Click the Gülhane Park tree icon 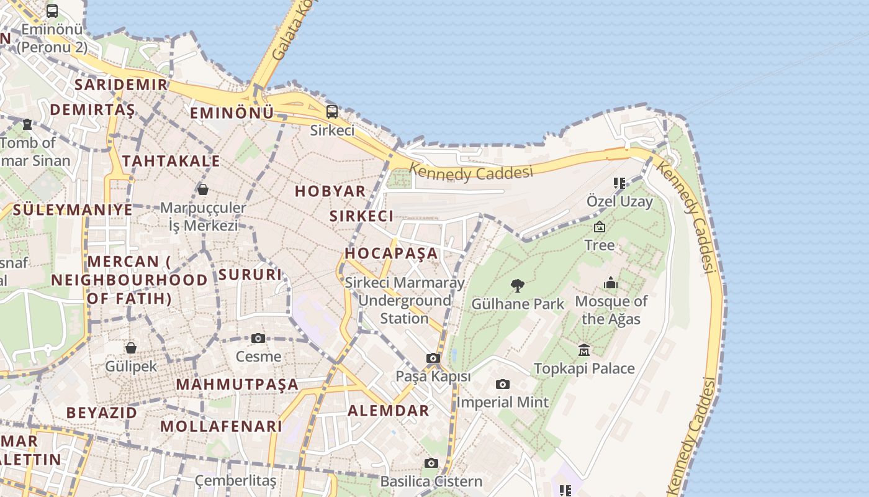pyautogui.click(x=517, y=286)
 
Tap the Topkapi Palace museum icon pyautogui.click(x=584, y=350)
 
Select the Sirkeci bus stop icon pyautogui.click(x=332, y=112)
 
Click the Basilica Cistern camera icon pyautogui.click(x=431, y=463)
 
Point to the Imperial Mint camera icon pyautogui.click(x=503, y=385)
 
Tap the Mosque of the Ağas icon pyautogui.click(x=611, y=283)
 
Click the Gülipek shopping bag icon pyautogui.click(x=131, y=348)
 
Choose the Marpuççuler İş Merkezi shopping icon pyautogui.click(x=203, y=189)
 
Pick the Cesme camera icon pyautogui.click(x=258, y=339)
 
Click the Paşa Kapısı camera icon pyautogui.click(x=433, y=358)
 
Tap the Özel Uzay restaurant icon pyautogui.click(x=619, y=183)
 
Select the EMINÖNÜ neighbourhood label pyautogui.click(x=232, y=113)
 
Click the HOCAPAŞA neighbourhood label pyautogui.click(x=391, y=253)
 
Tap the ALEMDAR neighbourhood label pyautogui.click(x=388, y=411)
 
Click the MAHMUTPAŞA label pyautogui.click(x=237, y=385)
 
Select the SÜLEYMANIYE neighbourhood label pyautogui.click(x=73, y=209)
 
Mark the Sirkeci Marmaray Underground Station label pyautogui.click(x=405, y=301)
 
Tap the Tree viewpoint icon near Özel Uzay pyautogui.click(x=600, y=227)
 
